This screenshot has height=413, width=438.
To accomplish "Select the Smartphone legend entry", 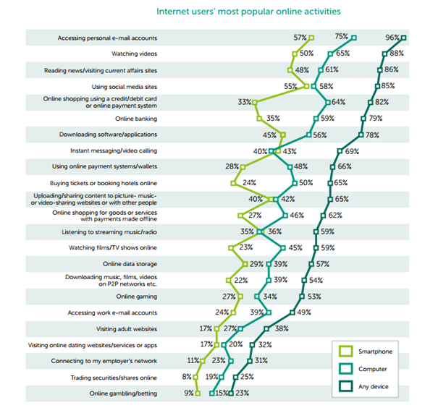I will click(376, 352).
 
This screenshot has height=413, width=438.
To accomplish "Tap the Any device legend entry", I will click(376, 387).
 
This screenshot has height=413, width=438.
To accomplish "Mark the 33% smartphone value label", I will click(245, 103).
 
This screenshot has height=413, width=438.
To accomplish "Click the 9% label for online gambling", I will click(188, 393).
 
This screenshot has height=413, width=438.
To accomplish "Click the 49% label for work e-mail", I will click(303, 312).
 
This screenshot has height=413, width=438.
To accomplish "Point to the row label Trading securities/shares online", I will click(114, 377).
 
